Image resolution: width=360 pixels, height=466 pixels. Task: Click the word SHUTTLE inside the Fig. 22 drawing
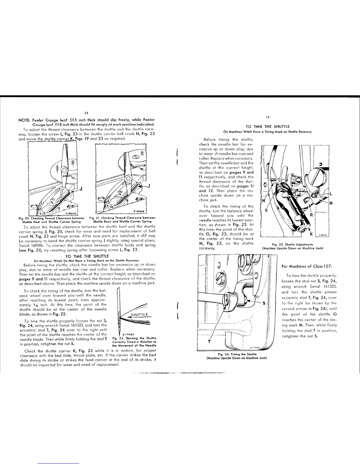coord(141,314)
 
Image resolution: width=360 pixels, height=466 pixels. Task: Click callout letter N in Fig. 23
coord(331,203)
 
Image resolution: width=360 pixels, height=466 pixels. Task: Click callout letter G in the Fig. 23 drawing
coord(266,211)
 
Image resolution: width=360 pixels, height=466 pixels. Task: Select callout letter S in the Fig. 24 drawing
coord(264,304)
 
